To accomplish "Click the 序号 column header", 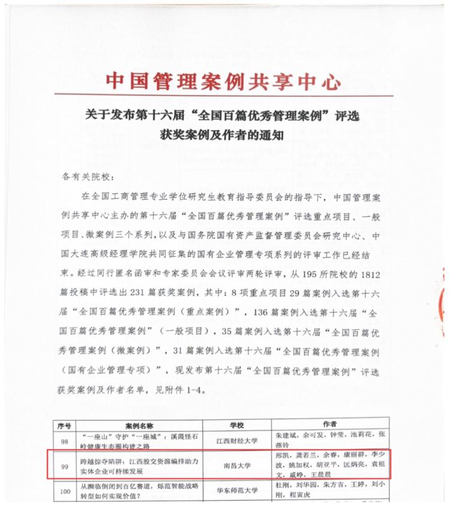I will click(65, 425).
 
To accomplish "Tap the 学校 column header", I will click(236, 425).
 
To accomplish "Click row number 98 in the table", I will click(65, 440).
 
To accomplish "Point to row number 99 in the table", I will click(65, 465).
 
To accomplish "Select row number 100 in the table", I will click(65, 492).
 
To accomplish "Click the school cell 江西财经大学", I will click(236, 440).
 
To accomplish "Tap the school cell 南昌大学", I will click(236, 465).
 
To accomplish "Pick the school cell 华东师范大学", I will click(236, 492).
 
